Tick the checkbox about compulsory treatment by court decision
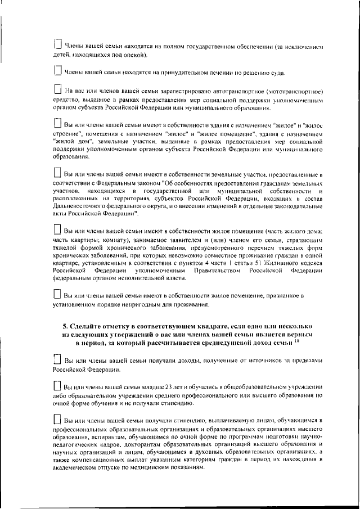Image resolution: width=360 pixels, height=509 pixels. click(57, 71)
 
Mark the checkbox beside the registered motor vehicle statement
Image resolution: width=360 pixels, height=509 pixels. click(57, 89)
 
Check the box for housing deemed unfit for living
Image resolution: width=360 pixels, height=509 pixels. click(57, 294)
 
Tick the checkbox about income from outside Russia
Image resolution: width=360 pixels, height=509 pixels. click(57, 359)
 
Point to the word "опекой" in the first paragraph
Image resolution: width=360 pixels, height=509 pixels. click(136, 55)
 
